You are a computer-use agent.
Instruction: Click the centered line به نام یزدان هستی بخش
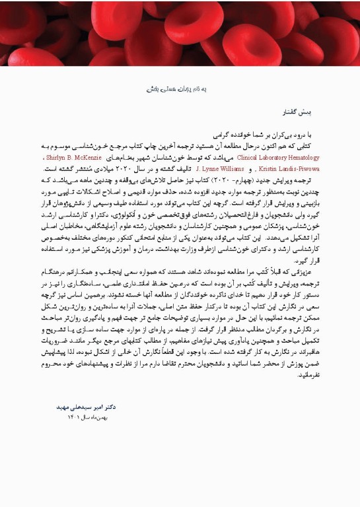point(179,88)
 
